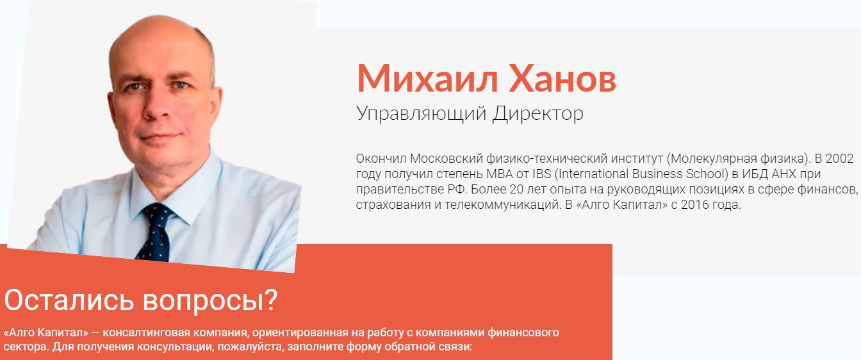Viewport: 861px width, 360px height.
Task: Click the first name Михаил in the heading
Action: (427, 78)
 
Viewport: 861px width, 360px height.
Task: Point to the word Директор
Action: (538, 113)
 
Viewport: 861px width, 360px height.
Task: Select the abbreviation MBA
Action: (500, 174)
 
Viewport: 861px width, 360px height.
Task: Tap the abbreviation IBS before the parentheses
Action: (542, 174)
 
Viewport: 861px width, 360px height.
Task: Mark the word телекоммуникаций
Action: (503, 205)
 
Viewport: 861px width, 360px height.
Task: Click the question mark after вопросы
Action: (272, 300)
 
